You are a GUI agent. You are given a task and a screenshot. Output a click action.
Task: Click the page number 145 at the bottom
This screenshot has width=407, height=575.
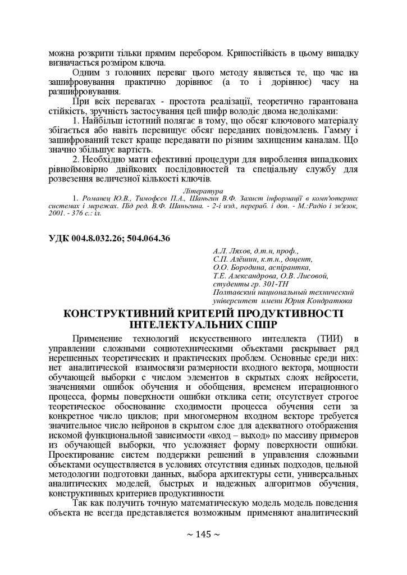[203, 534]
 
